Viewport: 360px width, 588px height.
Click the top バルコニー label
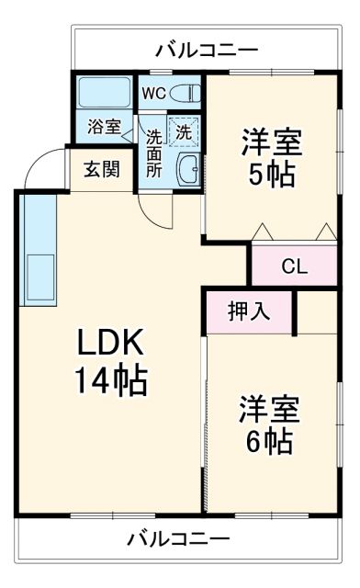point(206,49)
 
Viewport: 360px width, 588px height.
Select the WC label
point(152,93)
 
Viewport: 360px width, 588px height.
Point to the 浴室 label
point(103,127)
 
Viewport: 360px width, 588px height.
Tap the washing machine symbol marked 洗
point(183,131)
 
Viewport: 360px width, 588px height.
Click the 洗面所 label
point(154,152)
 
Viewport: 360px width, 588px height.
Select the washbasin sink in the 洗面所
point(189,169)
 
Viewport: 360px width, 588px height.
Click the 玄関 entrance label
point(101,170)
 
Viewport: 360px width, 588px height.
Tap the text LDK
point(109,344)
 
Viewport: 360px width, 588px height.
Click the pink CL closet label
point(294,266)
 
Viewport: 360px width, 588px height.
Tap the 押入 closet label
point(249,311)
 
